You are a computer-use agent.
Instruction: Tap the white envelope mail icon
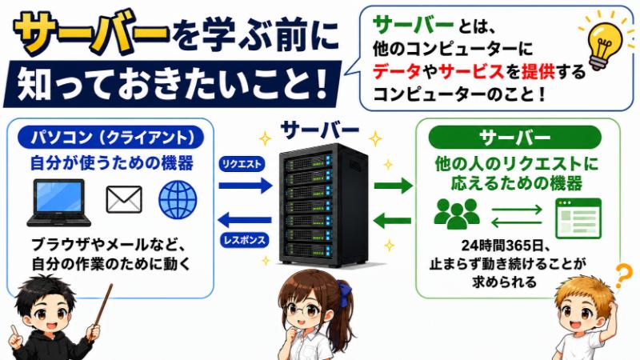click(124, 199)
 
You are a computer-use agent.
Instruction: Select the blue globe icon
click(178, 199)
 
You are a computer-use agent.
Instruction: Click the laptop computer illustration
click(58, 203)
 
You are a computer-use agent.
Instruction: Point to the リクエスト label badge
click(242, 164)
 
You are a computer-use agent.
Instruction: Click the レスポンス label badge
click(245, 240)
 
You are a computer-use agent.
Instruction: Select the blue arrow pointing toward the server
click(246, 186)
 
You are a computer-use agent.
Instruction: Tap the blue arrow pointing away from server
click(245, 221)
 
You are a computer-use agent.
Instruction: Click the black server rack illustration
click(323, 206)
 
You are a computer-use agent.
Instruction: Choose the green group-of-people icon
click(457, 214)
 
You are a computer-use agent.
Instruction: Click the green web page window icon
click(578, 218)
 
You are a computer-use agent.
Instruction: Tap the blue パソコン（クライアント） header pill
click(110, 137)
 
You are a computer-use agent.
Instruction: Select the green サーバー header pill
click(514, 138)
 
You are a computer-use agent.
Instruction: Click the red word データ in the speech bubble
click(396, 72)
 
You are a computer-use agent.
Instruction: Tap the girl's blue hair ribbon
click(345, 290)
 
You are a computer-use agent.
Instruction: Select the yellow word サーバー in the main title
click(90, 33)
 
